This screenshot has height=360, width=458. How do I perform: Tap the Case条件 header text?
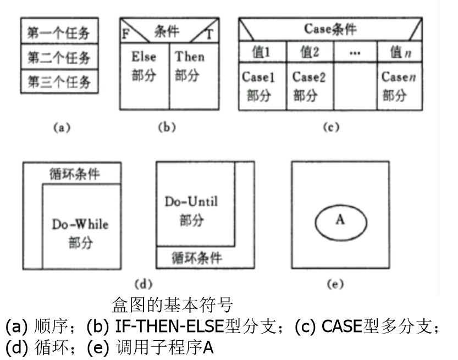(330, 29)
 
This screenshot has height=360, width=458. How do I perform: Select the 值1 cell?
(262, 53)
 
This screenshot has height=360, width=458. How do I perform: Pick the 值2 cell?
(309, 53)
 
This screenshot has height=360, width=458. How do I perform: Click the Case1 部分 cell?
(262, 87)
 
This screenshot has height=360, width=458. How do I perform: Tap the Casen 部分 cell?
(400, 87)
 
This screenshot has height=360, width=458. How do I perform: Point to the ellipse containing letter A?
(340, 220)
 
